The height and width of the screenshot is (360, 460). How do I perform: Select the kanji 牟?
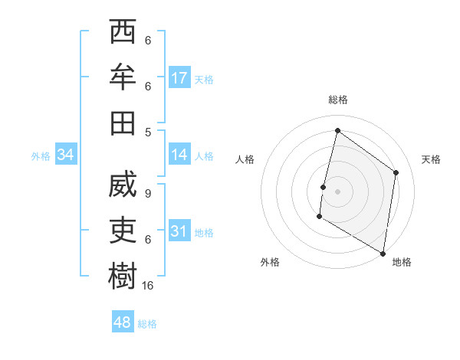123,77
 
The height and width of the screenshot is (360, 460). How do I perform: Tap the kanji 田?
123,121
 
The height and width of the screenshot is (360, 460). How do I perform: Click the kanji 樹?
123,275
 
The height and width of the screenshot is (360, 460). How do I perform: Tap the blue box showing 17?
179,77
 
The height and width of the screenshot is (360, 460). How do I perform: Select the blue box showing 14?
179,155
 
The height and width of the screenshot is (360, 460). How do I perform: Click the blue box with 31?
179,231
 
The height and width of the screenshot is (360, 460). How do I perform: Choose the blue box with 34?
66,155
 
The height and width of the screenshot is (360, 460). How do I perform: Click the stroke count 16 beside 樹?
148,285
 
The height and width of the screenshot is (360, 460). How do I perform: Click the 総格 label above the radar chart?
337,100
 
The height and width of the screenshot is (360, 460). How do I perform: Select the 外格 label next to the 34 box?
41,156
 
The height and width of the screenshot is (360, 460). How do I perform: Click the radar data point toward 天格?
396,172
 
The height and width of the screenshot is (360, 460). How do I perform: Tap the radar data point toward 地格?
383,253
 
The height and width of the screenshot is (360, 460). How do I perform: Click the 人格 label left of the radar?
245,159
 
